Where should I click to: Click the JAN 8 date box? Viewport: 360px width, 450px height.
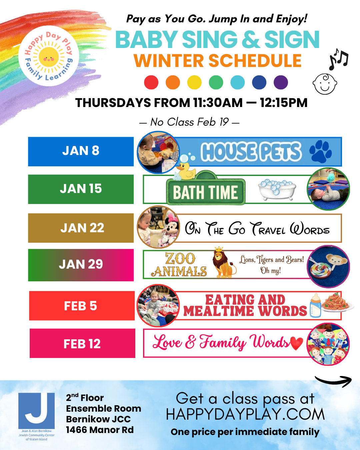81,151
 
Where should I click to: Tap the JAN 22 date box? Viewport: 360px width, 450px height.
81,228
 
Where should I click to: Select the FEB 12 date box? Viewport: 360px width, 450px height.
82,343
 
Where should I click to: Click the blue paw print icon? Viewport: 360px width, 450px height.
320,151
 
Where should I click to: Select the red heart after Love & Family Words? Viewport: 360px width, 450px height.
296,343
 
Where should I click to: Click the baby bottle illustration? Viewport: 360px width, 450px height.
315,305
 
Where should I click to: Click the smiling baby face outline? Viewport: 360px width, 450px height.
325,84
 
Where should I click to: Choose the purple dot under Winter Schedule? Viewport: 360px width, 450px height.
281,82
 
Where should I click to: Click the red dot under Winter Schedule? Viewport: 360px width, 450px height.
151,82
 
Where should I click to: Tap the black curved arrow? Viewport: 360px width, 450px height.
333,381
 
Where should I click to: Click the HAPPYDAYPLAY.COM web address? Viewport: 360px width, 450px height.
245,414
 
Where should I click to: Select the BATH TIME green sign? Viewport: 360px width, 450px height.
206,192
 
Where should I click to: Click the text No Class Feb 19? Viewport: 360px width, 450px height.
189,122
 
